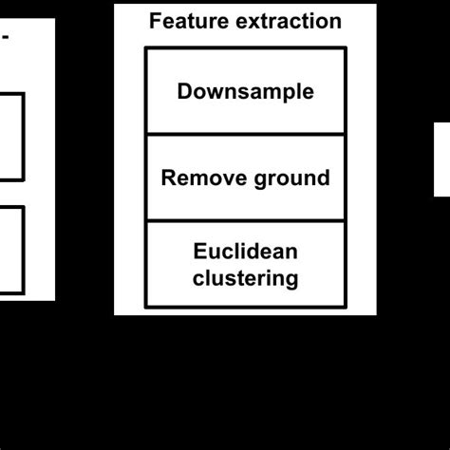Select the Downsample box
[x=245, y=91]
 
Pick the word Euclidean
[x=245, y=252]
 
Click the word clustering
[x=245, y=278]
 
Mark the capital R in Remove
[x=168, y=178]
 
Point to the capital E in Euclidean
[x=199, y=252]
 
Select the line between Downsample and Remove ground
[x=245, y=135]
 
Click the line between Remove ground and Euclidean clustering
[x=245, y=221]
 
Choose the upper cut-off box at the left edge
[x=11, y=136]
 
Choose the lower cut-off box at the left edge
[x=11, y=251]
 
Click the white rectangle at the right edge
[x=442, y=159]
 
